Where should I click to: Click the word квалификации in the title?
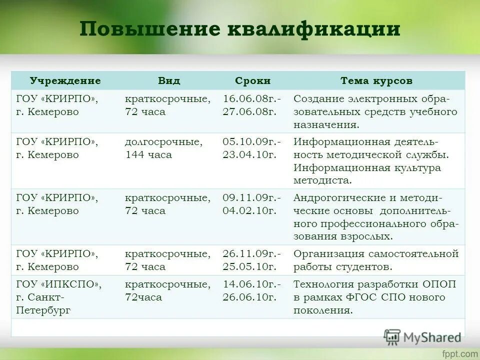click(314, 29)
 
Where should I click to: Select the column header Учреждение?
click(65, 81)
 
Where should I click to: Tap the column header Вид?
click(169, 81)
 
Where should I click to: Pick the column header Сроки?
click(252, 81)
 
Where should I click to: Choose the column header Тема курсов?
click(376, 81)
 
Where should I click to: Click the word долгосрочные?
click(163, 142)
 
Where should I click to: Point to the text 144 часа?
click(148, 155)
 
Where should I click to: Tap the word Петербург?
click(43, 310)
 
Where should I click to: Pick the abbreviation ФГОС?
click(367, 297)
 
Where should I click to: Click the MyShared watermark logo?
click(422, 336)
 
